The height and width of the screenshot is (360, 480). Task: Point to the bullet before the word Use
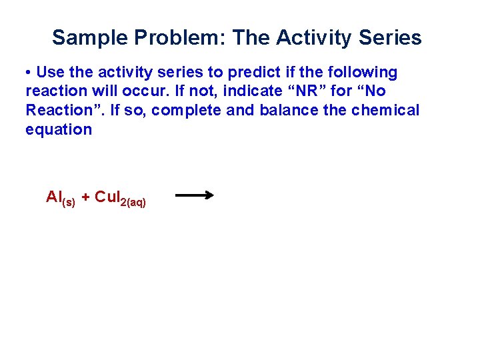coord(29,72)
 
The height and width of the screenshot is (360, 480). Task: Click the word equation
coord(58,129)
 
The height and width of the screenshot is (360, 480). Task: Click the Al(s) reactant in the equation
coord(60,198)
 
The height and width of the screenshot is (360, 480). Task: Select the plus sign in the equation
coord(85,197)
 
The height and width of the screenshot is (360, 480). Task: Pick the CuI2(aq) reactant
coord(120,198)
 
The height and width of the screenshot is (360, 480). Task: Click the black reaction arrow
coord(194,195)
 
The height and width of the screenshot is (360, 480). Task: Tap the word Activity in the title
coord(313,37)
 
